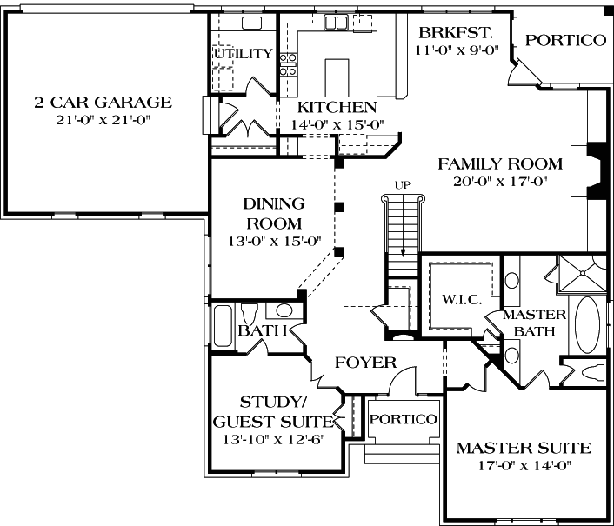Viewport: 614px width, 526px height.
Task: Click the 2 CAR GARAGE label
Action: tap(103, 102)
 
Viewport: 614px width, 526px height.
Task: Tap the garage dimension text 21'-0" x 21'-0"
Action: tap(103, 119)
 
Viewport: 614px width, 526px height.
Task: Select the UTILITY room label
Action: tap(243, 54)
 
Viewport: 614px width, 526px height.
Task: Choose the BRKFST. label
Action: tap(456, 33)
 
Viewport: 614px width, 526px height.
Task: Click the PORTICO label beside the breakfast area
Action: tap(565, 40)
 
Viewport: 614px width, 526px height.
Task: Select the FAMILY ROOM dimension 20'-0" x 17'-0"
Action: tap(499, 182)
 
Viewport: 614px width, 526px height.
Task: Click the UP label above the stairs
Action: tap(402, 184)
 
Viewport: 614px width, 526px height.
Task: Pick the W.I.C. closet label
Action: tap(460, 300)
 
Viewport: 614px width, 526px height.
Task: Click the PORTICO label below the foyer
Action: tap(403, 419)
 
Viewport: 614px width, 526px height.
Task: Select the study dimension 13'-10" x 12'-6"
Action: tap(274, 438)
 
